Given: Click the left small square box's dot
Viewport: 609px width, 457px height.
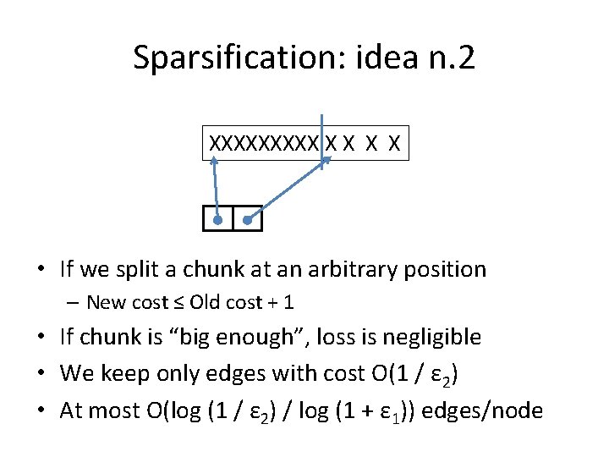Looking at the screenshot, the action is click(x=218, y=220).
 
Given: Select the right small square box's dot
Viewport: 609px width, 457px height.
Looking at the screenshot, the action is click(x=248, y=220).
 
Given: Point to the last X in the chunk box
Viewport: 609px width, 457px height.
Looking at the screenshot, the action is click(x=393, y=144).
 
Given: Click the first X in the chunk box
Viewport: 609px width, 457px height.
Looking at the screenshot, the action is click(x=215, y=144).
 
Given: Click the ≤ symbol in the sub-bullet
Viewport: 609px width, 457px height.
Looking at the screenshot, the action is click(x=179, y=302).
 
